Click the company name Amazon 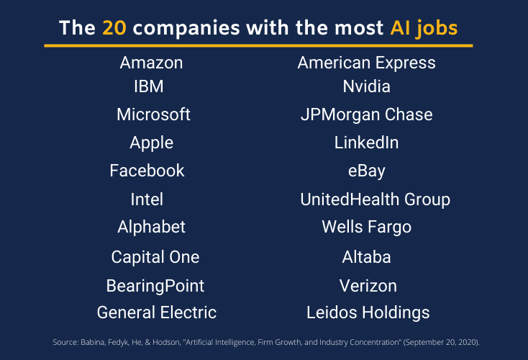(151, 63)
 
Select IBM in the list (149, 86)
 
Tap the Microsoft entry (153, 114)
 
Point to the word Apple (151, 143)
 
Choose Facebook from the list (147, 171)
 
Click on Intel (147, 199)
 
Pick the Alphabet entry (151, 227)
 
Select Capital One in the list (155, 257)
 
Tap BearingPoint (155, 286)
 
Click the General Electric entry (156, 312)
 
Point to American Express (366, 63)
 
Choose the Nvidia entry (366, 86)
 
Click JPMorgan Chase (366, 114)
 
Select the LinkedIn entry (366, 143)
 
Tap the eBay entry (366, 171)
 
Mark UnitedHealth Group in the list (375, 199)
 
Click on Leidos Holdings (368, 312)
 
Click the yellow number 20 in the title (114, 28)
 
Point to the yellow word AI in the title (401, 28)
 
